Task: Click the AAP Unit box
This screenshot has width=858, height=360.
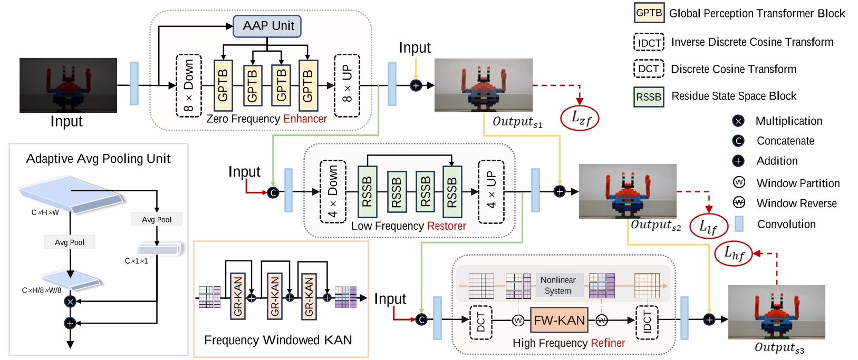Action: [x=267, y=26]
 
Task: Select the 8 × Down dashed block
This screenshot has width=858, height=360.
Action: [x=188, y=85]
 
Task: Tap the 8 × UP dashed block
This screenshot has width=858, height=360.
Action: [x=347, y=85]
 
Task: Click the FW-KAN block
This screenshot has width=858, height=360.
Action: [x=559, y=320]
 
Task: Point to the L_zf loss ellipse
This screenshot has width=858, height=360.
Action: [x=581, y=118]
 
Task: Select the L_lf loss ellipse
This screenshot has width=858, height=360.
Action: [x=708, y=227]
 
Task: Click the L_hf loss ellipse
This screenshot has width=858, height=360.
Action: [x=733, y=254]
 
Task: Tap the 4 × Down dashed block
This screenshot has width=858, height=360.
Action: [x=333, y=191]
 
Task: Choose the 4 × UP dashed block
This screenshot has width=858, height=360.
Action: [x=491, y=191]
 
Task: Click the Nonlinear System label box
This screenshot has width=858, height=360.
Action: [x=558, y=285]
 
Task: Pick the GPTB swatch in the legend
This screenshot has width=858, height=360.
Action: [x=649, y=13]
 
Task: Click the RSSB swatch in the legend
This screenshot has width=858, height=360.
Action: [x=649, y=97]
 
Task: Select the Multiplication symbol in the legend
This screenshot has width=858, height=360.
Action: [x=738, y=121]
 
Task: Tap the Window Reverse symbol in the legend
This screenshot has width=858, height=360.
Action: [x=739, y=203]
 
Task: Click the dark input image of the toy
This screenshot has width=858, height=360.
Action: [x=68, y=85]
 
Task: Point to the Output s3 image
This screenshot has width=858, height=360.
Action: [x=776, y=312]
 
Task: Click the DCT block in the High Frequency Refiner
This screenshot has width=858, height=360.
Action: [x=480, y=322]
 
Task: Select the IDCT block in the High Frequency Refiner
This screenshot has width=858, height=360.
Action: [x=647, y=322]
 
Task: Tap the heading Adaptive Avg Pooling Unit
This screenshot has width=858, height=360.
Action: [x=99, y=159]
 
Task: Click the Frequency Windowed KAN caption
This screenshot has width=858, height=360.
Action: [x=278, y=340]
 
